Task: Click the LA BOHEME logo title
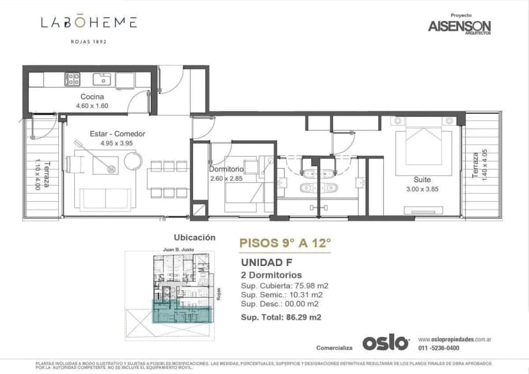tap(89, 22)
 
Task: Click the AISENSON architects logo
tap(460, 25)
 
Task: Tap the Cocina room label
tap(92, 97)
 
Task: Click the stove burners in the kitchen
tap(72, 79)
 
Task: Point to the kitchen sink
tap(102, 79)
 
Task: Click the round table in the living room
tap(132, 161)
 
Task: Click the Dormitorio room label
tap(226, 169)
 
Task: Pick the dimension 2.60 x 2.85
tap(226, 178)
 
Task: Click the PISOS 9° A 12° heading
tap(286, 243)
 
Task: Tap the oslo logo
tap(385, 343)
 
